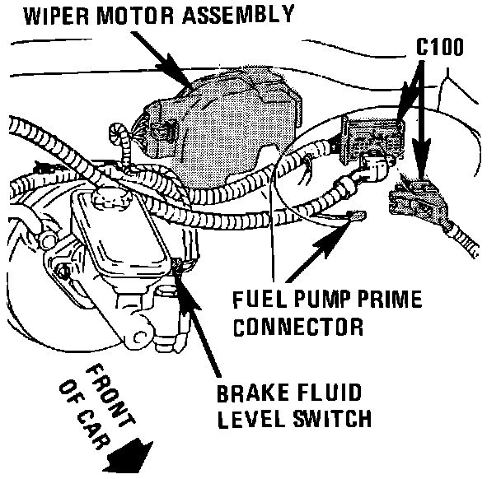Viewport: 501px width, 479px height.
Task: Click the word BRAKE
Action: (x=250, y=393)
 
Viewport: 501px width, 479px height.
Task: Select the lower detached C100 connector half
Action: (x=420, y=198)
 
